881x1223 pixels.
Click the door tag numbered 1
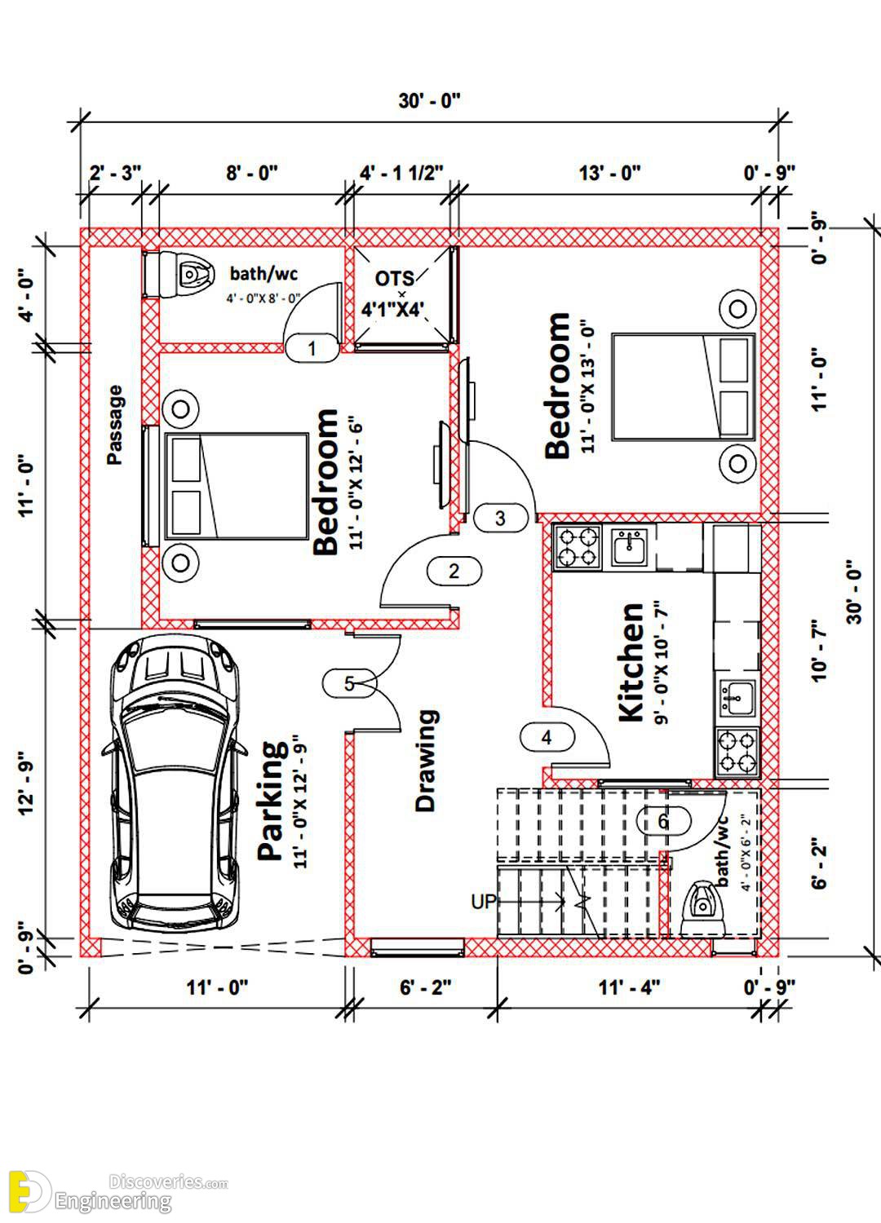[312, 348]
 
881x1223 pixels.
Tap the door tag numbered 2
[454, 571]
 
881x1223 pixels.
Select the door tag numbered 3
[500, 518]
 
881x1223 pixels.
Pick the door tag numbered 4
[547, 738]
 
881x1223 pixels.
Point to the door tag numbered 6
[663, 820]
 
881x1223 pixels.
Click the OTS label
[394, 279]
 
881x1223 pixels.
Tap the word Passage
[115, 425]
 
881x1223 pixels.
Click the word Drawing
[426, 760]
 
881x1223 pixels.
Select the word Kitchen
[631, 662]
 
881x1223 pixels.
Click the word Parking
[272, 801]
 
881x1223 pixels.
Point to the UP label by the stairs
[484, 902]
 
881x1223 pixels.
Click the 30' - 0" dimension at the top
[429, 101]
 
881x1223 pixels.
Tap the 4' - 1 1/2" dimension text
[401, 173]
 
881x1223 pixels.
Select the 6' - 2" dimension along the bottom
[426, 987]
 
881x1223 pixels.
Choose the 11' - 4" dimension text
[629, 987]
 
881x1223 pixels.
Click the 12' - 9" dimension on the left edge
[27, 785]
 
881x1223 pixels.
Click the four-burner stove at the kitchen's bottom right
[737, 753]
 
